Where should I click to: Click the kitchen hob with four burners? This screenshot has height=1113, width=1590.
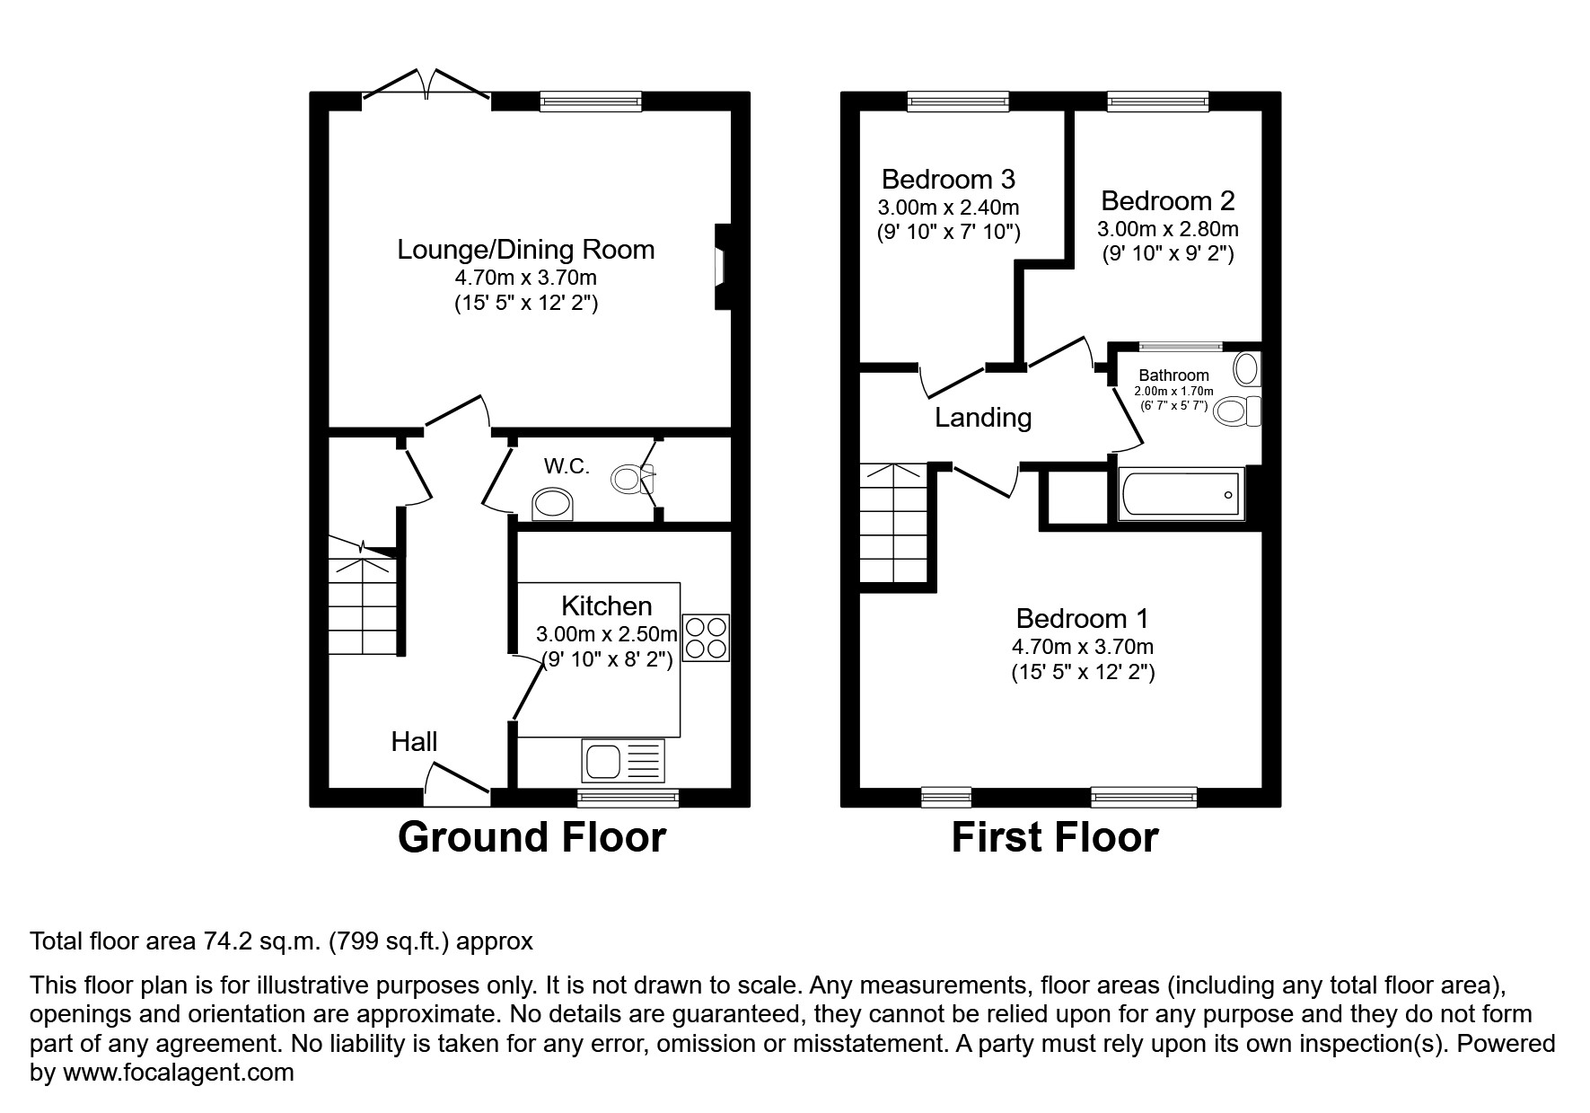(706, 638)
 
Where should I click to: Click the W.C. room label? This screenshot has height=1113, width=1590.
(567, 466)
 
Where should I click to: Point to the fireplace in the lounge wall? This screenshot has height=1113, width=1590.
(722, 267)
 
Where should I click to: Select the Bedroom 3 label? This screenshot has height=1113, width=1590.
(948, 179)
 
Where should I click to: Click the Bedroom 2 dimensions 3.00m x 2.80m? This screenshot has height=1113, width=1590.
(1167, 229)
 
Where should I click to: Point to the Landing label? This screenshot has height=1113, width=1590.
(983, 418)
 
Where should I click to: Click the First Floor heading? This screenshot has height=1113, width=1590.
(1054, 837)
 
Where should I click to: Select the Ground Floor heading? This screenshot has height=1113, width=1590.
(531, 837)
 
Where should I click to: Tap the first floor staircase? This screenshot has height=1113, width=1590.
(893, 524)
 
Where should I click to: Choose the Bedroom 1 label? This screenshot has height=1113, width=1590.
(1082, 618)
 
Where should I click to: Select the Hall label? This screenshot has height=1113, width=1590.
(414, 741)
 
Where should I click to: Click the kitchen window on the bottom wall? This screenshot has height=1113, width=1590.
(628, 797)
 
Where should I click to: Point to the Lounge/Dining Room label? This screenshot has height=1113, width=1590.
(525, 249)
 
